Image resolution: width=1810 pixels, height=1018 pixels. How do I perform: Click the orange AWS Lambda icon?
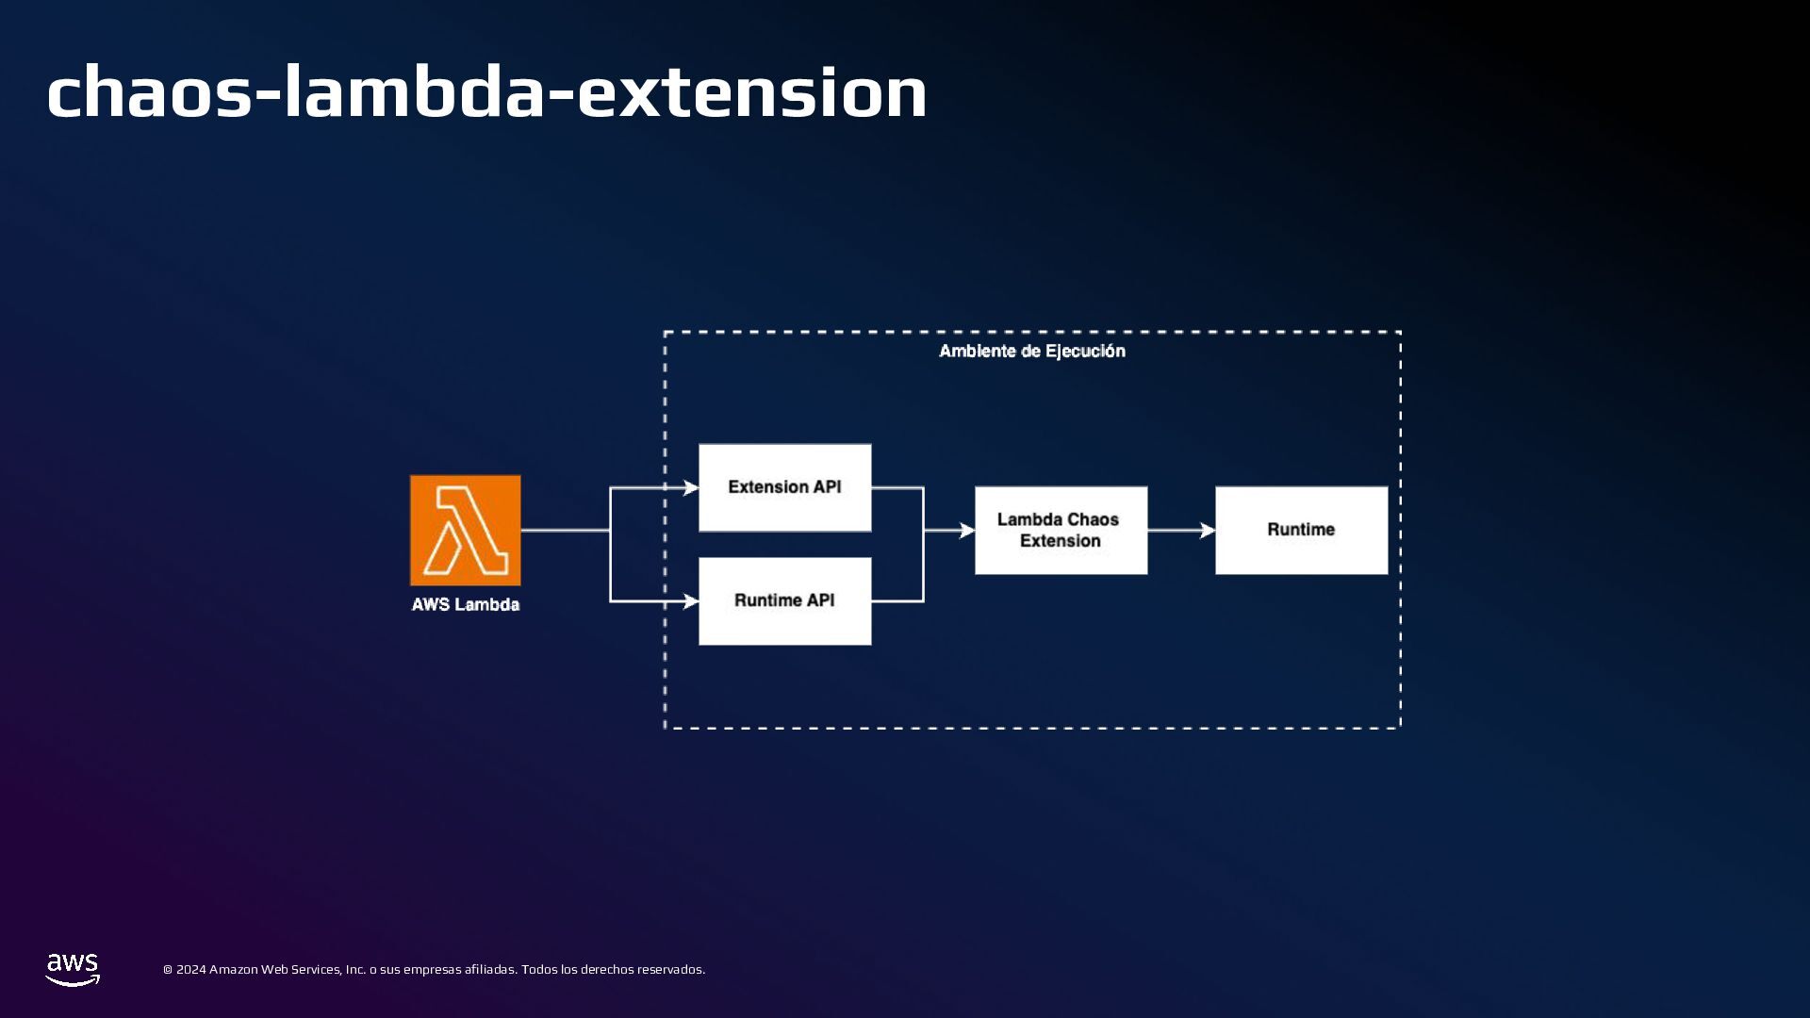pyautogui.click(x=465, y=530)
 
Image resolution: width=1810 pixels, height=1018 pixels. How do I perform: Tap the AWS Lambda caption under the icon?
pyautogui.click(x=465, y=604)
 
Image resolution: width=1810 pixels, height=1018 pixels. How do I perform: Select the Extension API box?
pyautogui.click(x=784, y=487)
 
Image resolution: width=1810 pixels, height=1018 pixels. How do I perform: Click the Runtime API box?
pyautogui.click(x=784, y=600)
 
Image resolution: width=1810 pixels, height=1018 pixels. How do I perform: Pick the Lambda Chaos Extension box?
pyautogui.click(x=1061, y=530)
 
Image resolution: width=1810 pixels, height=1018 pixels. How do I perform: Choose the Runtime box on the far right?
pyautogui.click(x=1301, y=530)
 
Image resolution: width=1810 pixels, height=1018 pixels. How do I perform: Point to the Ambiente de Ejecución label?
pyautogui.click(x=1032, y=352)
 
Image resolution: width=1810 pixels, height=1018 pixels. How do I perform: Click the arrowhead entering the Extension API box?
pyautogui.click(x=691, y=487)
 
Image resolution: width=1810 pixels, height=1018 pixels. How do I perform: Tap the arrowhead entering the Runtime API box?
pyautogui.click(x=691, y=600)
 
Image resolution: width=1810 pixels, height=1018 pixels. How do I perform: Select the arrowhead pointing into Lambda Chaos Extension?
pyautogui.click(x=967, y=531)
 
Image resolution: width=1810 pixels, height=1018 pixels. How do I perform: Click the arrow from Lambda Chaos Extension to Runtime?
pyautogui.click(x=1181, y=531)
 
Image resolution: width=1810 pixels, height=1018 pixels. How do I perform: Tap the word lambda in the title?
pyautogui.click(x=415, y=92)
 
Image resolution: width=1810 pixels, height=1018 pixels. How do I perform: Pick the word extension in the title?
pyautogui.click(x=751, y=92)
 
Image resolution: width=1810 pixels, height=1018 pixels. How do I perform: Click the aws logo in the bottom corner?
pyautogui.click(x=73, y=969)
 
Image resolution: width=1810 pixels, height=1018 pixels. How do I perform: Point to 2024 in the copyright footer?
pyautogui.click(x=190, y=970)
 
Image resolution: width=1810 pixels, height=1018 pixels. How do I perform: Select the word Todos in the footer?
pyautogui.click(x=539, y=970)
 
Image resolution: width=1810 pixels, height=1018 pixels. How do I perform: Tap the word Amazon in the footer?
pyautogui.click(x=233, y=970)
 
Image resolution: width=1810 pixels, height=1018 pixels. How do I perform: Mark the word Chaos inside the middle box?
pyautogui.click(x=1094, y=519)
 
